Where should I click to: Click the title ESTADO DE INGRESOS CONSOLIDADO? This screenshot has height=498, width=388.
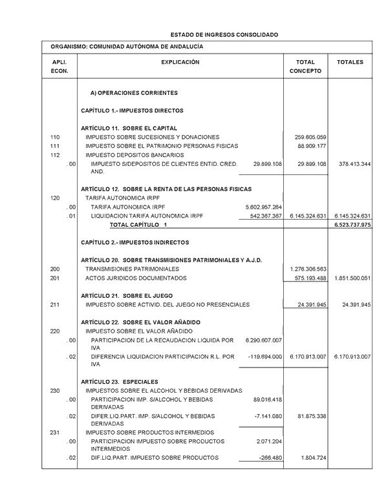click(224, 34)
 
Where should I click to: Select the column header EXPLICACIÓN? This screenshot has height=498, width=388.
click(180, 62)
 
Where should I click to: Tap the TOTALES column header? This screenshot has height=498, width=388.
click(350, 62)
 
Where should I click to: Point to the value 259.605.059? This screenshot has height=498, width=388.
click(310, 137)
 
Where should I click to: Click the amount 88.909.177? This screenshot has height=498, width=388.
click(312, 146)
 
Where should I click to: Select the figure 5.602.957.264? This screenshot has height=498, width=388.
click(260, 206)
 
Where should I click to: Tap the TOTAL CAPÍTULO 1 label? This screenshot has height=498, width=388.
click(138, 224)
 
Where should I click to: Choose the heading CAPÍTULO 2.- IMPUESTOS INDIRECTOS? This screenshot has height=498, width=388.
click(135, 242)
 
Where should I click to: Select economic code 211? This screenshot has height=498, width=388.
click(55, 304)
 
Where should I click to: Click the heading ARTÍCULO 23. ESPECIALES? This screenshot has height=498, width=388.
click(120, 382)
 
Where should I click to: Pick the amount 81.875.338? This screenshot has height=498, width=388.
click(310, 415)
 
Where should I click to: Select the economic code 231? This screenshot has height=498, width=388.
click(55, 432)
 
